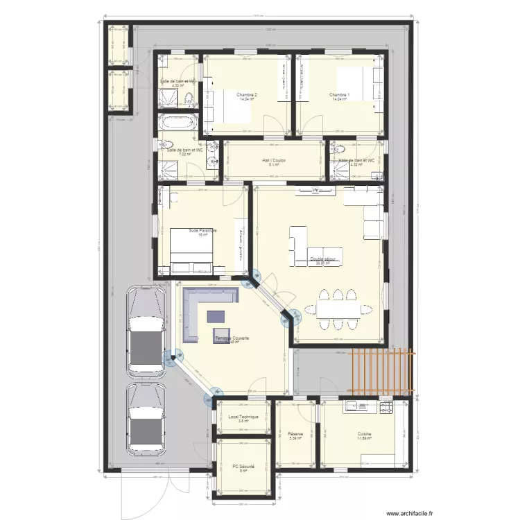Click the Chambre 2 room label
(x=247, y=94)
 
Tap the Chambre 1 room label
(x=340, y=94)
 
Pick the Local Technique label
(x=243, y=417)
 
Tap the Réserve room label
(x=296, y=435)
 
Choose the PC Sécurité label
(x=243, y=467)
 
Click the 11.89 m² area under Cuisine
(x=364, y=439)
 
